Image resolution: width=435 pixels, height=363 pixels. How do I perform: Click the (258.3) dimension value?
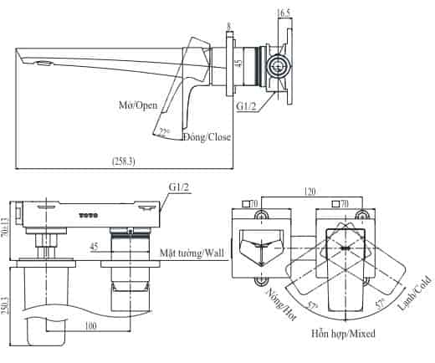(124, 161)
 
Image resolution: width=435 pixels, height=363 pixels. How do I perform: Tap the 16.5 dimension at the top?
(284, 13)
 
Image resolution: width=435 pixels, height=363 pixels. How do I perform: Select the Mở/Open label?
(138, 105)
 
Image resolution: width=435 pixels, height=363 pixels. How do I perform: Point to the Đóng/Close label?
(207, 137)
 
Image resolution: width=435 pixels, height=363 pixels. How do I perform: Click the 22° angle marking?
(163, 131)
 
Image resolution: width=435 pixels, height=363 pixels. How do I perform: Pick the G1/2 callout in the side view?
(246, 106)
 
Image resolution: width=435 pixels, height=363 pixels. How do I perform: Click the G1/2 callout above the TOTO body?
(179, 187)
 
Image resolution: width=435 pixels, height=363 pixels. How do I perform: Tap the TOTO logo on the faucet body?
(89, 216)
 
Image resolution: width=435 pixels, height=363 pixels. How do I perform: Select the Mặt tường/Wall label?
(192, 253)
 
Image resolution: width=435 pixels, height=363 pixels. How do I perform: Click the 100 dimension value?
(90, 325)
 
